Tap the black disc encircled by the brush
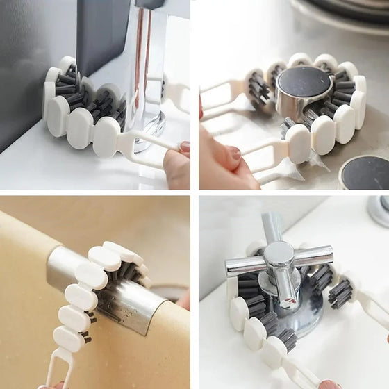[304, 82]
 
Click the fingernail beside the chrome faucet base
[184, 147]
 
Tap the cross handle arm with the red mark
[240, 265]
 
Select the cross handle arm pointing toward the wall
[272, 226]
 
